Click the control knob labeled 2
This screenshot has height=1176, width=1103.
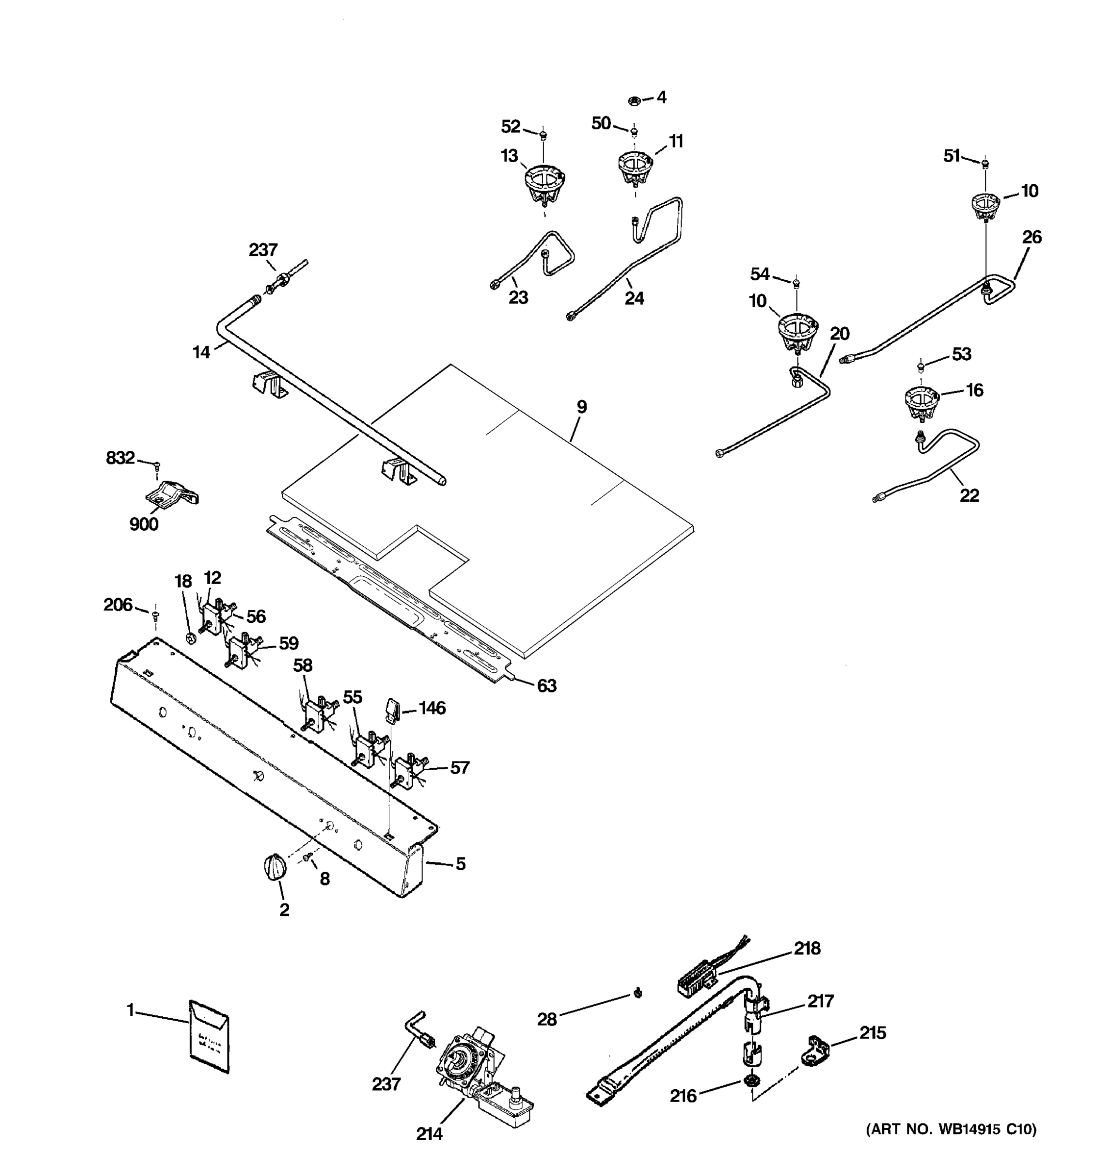click(x=274, y=868)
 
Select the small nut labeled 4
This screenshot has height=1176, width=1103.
click(x=634, y=100)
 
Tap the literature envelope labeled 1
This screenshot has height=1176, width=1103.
click(x=209, y=1035)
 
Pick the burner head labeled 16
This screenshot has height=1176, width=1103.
click(x=921, y=402)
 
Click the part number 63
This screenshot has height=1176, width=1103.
click(x=546, y=686)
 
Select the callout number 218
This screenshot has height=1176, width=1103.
click(x=807, y=948)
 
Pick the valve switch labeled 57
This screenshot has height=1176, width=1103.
click(x=408, y=771)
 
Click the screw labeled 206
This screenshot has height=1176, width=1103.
click(x=155, y=616)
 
